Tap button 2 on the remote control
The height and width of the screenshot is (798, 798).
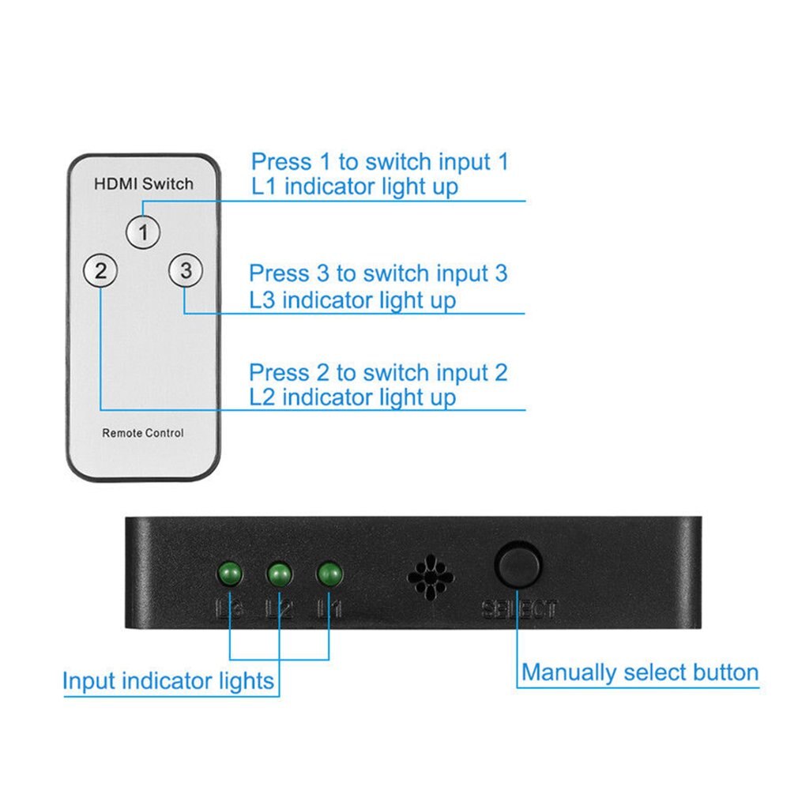(x=100, y=272)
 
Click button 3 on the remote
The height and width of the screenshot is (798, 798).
(x=185, y=271)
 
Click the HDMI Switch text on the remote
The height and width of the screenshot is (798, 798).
(x=143, y=184)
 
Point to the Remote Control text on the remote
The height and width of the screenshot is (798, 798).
(x=143, y=433)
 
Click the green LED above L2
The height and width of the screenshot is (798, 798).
(x=278, y=574)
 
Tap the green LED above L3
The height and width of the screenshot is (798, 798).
(x=230, y=573)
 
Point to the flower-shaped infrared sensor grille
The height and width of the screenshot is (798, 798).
(x=430, y=576)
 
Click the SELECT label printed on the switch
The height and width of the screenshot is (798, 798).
(x=519, y=609)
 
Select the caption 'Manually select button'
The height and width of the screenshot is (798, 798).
(x=640, y=672)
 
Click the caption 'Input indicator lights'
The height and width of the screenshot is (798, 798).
(x=168, y=681)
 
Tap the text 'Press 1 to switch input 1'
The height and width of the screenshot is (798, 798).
(x=379, y=162)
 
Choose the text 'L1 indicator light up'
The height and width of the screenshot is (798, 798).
(x=354, y=187)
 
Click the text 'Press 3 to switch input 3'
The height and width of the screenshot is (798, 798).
(x=378, y=273)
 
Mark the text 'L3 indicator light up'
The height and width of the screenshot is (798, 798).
(x=352, y=300)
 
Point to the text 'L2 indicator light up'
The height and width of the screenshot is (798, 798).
(x=352, y=397)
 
